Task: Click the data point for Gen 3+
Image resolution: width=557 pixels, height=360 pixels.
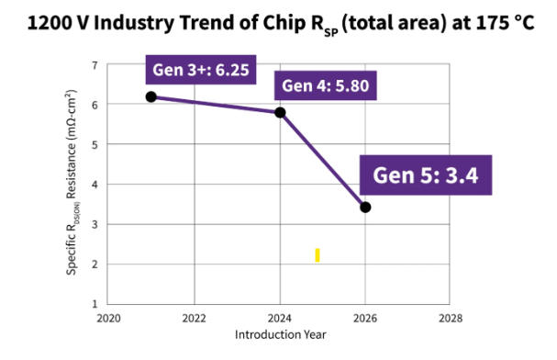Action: pos(151,96)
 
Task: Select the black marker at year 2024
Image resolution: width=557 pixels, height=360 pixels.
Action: pos(280,113)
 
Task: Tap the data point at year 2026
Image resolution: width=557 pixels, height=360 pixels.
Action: pos(365,208)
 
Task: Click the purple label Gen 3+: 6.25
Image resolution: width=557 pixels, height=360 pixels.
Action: pos(201,70)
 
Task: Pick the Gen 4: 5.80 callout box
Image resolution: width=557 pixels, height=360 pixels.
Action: pos(326,85)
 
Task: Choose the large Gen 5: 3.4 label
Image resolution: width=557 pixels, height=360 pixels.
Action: pos(426,175)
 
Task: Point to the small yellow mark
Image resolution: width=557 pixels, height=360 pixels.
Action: pos(317,255)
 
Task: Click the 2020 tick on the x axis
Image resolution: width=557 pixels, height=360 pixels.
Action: pos(108,318)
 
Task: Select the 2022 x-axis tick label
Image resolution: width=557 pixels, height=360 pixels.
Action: pos(194,318)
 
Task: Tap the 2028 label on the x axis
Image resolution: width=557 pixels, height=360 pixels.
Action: pos(451,318)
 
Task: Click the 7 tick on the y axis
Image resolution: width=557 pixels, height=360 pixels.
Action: pos(95,65)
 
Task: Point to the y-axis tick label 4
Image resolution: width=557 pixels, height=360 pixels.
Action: pos(95,185)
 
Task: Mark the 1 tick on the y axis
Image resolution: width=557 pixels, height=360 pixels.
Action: pos(95,304)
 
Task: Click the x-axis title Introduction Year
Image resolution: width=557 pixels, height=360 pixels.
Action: pos(280,335)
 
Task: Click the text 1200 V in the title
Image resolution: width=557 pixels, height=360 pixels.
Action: pos(58,23)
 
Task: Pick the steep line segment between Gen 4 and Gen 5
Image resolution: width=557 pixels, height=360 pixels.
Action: pos(323,160)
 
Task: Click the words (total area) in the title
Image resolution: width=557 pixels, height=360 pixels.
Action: pos(394,24)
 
